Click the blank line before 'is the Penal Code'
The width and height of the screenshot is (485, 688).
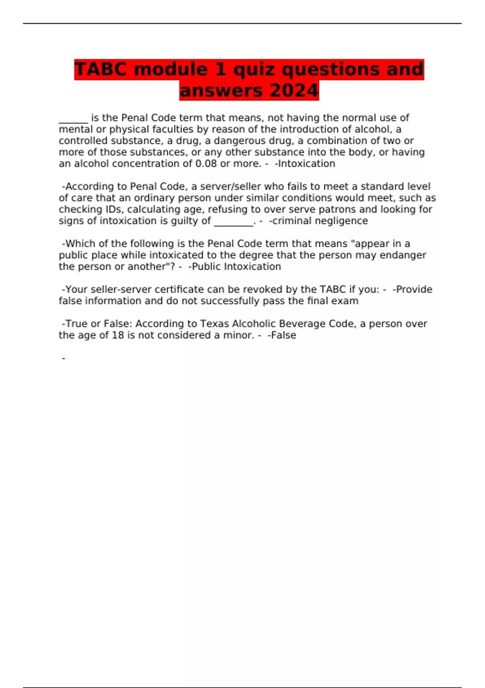tap(73, 118)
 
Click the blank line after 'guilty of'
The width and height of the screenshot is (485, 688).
tap(233, 221)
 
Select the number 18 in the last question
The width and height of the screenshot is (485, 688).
tap(118, 335)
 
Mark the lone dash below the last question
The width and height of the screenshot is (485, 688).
tap(63, 359)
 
